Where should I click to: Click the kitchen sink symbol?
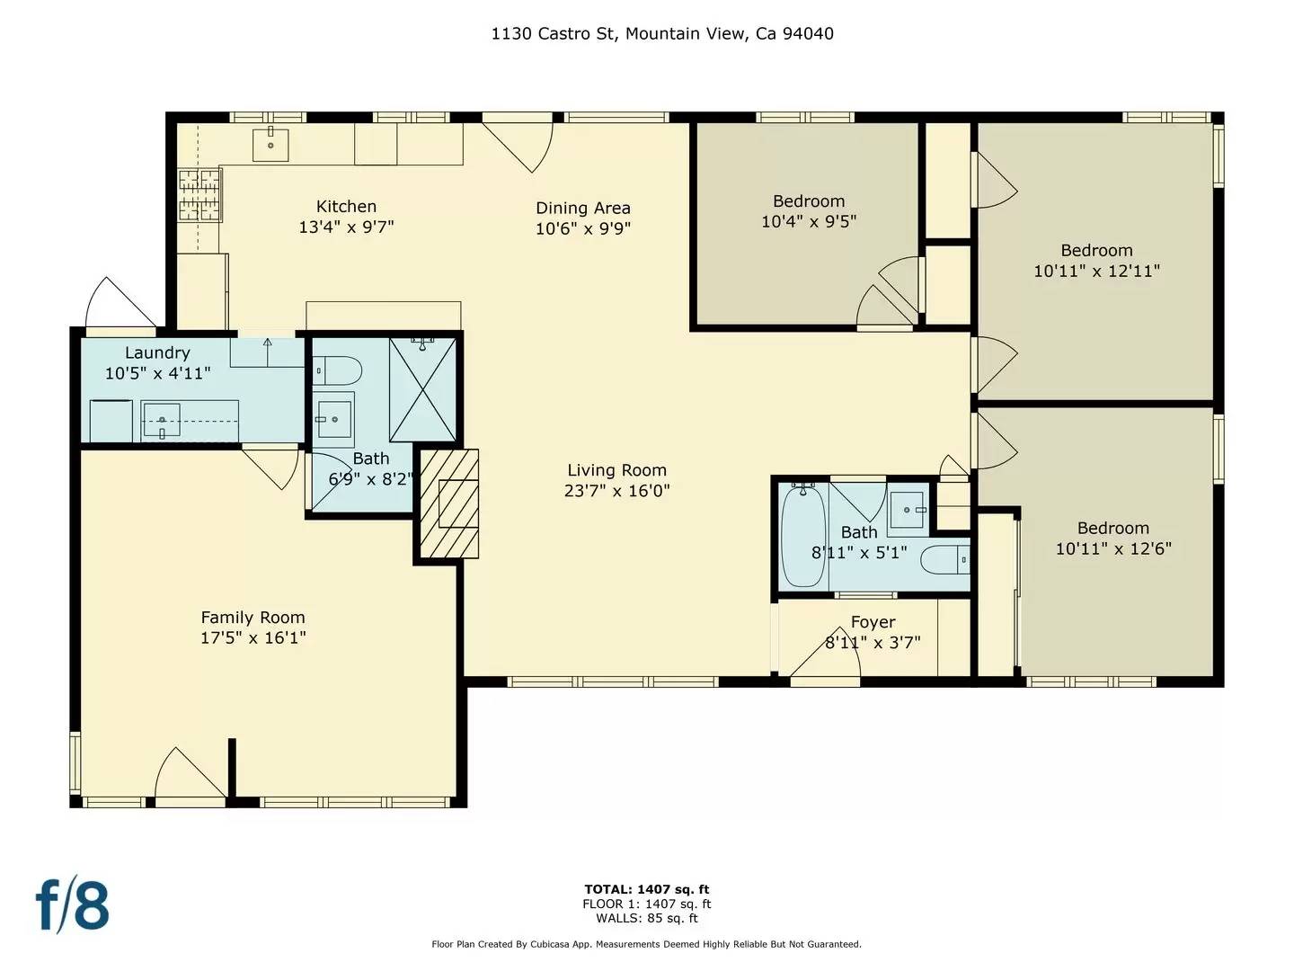270,144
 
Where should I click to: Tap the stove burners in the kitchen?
199,195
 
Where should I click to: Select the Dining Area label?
583,208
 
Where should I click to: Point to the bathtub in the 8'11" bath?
802,536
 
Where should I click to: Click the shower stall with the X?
422,389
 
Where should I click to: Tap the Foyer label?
873,622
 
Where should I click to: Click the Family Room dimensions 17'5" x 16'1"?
253,637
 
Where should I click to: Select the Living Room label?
616,470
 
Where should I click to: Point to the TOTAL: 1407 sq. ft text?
646,889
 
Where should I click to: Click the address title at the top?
662,34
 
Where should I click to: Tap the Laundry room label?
157,352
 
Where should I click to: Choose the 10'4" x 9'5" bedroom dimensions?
809,221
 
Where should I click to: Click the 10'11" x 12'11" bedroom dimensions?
1096,271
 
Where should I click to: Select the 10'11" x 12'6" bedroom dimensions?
1113,548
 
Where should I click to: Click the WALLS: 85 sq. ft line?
646,918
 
